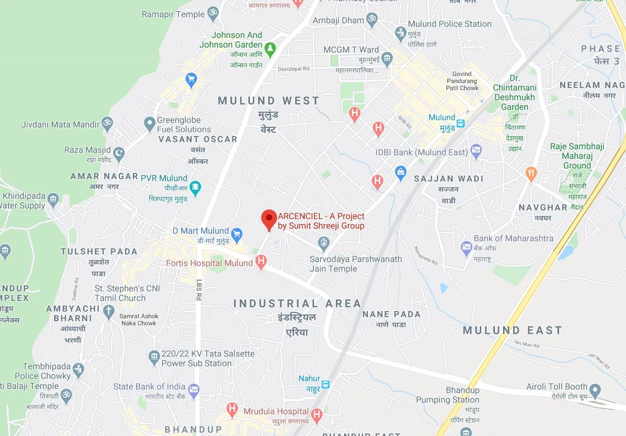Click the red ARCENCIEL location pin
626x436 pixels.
point(269,219)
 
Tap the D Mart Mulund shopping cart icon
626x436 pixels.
point(236,234)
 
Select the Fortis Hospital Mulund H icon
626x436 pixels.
point(261,262)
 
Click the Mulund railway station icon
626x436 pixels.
point(461,122)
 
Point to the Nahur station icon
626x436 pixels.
point(326,384)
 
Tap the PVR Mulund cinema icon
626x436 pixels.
point(195,188)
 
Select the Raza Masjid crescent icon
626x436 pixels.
point(118,152)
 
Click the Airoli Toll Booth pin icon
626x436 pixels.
point(596,390)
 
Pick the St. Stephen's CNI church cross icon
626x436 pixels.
point(109,312)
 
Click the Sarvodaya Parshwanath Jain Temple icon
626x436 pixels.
point(324,244)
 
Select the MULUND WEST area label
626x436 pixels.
point(268,101)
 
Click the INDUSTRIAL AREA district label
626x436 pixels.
point(297,303)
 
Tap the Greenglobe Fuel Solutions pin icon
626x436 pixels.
point(149,123)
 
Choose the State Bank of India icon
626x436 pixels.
point(193,390)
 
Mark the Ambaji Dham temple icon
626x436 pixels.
point(372,21)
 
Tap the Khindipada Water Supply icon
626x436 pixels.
point(53,199)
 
